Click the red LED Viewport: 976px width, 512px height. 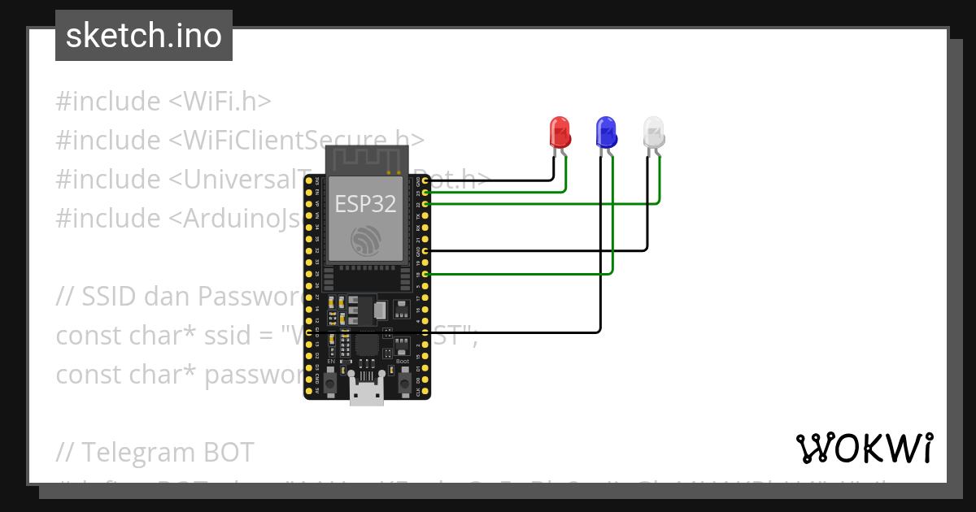560,132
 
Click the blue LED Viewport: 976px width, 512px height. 606,132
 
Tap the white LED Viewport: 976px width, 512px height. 653,132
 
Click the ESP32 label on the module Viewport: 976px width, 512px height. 365,203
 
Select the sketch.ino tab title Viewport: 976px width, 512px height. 144,36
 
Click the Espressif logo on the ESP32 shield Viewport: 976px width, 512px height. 365,241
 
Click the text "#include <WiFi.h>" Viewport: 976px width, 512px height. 163,102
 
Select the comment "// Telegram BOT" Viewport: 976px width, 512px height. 155,452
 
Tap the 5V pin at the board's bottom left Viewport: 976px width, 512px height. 309,392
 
